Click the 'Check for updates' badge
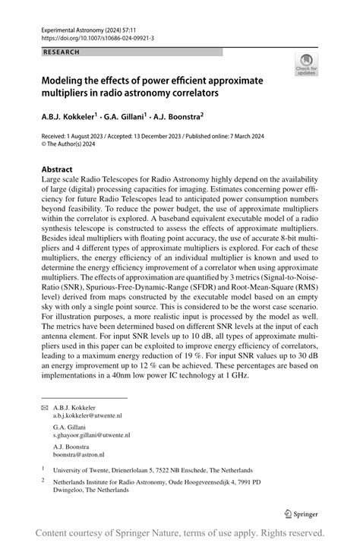tap(307, 64)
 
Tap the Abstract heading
tap(58, 169)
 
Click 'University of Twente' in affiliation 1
tap(83, 470)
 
